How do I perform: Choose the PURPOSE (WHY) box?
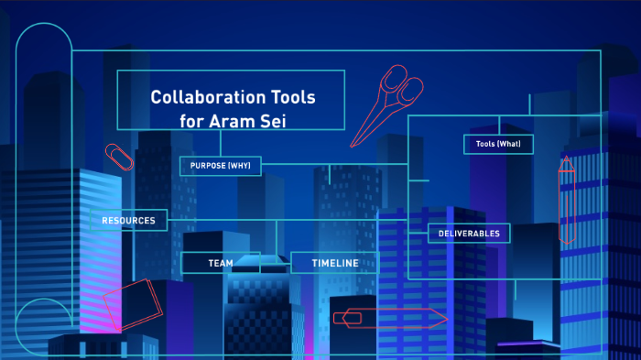221,166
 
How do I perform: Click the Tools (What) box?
498,144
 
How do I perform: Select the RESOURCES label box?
128,221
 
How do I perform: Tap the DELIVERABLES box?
469,234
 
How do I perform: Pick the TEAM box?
221,263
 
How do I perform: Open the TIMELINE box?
333,263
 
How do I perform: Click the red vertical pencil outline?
567,199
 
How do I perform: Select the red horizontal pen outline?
389,318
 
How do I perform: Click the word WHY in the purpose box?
245,166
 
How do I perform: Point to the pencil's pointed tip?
566,159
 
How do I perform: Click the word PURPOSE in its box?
208,166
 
